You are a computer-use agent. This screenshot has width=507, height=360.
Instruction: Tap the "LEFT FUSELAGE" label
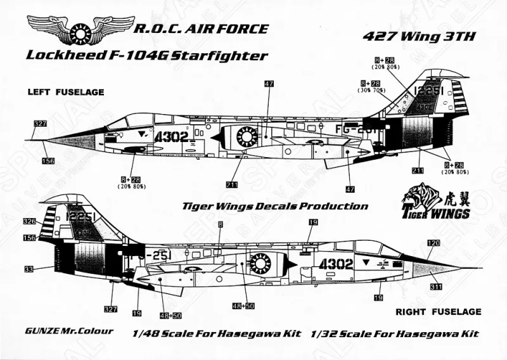66,92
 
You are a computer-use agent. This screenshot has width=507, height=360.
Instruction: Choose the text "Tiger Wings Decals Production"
274,206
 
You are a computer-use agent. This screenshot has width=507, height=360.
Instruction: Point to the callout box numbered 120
433,243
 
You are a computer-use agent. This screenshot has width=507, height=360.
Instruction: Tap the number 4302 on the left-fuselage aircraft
170,135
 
